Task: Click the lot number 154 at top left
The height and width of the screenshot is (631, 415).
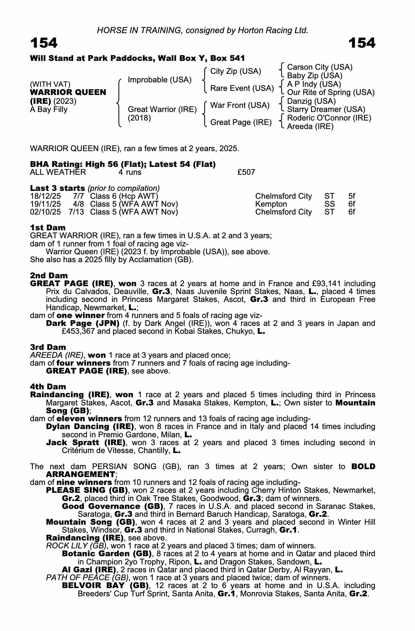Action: click(44, 43)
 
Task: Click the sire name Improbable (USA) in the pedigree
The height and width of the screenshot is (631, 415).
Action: click(159, 80)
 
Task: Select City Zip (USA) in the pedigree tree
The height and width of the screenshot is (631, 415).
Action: click(235, 71)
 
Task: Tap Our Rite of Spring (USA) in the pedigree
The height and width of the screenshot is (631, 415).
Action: click(330, 92)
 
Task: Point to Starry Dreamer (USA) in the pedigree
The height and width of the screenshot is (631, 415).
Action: click(326, 109)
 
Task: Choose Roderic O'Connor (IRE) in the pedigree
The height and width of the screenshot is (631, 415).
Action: click(329, 118)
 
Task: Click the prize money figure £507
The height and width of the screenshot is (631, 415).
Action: click(246, 172)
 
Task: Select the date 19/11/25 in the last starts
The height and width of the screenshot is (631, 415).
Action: click(45, 204)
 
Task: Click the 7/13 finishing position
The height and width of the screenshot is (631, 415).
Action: click(76, 212)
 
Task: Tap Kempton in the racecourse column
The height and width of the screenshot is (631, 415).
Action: click(271, 204)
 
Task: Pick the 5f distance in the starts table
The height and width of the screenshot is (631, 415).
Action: click(352, 196)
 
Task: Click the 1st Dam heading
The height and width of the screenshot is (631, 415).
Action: click(48, 228)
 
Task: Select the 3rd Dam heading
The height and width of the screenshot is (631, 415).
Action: click(48, 347)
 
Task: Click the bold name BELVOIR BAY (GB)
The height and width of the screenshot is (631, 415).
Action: click(105, 586)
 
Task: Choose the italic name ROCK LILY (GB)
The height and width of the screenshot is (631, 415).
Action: click(76, 546)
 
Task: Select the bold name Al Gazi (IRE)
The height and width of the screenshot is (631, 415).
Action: click(89, 570)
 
